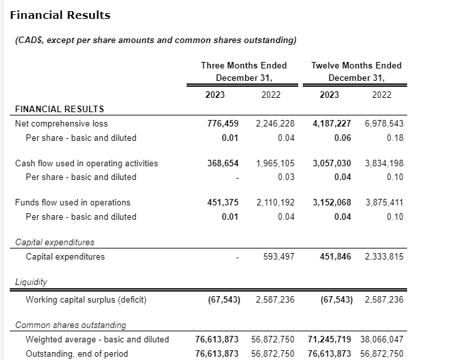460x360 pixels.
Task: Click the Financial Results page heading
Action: (61, 15)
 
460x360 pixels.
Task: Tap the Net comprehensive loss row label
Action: (61, 123)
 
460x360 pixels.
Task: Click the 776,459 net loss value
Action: (223, 123)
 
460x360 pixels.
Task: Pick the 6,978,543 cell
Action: (384, 123)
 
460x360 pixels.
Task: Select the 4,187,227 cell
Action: (332, 123)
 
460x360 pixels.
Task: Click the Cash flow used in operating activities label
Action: (86, 163)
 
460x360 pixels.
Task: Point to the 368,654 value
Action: (223, 163)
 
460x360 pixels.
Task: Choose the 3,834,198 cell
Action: (384, 163)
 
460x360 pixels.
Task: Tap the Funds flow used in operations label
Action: (72, 203)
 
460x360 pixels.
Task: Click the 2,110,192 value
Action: (275, 203)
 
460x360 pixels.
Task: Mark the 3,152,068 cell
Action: (332, 203)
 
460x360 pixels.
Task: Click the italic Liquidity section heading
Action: (32, 282)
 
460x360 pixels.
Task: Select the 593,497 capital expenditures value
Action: (279, 256)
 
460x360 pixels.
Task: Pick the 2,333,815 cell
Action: (384, 256)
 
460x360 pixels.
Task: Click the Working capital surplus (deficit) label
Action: (86, 300)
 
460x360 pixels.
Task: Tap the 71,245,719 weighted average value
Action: (329, 339)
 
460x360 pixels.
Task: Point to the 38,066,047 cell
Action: (381, 339)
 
